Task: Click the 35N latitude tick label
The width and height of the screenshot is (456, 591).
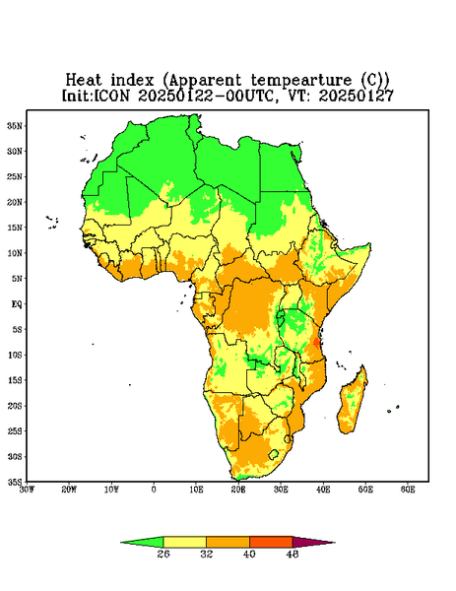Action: tap(15, 125)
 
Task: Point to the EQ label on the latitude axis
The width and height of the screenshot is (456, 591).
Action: tap(16, 303)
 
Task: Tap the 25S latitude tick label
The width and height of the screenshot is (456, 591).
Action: tap(15, 430)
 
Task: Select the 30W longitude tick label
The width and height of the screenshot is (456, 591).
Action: tap(27, 490)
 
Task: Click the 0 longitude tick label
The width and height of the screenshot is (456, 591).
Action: tap(154, 490)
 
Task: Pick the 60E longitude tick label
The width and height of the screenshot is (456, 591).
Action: tap(408, 490)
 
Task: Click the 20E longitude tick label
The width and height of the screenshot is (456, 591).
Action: tap(238, 490)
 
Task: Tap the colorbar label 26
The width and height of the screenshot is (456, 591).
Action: tap(163, 554)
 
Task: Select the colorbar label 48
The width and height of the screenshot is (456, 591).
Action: tap(293, 554)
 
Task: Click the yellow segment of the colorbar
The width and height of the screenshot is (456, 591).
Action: tap(184, 542)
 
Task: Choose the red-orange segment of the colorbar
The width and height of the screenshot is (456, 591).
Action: tap(271, 542)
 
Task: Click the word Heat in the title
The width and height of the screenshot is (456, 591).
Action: tap(84, 81)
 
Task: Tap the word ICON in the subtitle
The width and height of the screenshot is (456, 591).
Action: tap(111, 96)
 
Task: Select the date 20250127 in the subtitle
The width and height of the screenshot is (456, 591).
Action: tap(357, 96)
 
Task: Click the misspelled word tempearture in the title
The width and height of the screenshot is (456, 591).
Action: tap(301, 81)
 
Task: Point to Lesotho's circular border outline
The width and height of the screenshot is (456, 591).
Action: tap(273, 454)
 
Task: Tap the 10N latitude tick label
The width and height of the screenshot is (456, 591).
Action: tap(15, 253)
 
